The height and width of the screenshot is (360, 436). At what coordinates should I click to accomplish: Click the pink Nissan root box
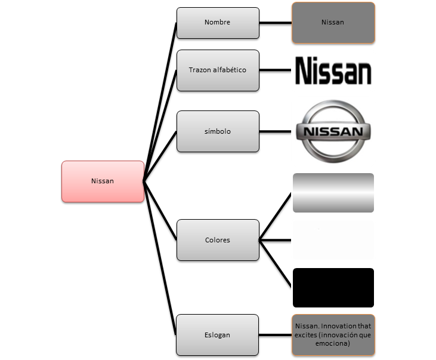pyautogui.click(x=103, y=181)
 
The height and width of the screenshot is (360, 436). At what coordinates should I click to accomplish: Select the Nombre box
pyautogui.click(x=218, y=23)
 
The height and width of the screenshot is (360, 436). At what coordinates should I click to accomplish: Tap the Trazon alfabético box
pyautogui.click(x=218, y=70)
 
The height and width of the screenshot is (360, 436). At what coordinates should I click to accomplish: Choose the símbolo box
pyautogui.click(x=218, y=131)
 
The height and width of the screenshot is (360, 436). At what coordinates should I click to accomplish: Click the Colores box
pyautogui.click(x=218, y=240)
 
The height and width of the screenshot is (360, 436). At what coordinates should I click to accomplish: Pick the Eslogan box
pyautogui.click(x=218, y=335)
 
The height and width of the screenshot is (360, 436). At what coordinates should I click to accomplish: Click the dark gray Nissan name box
pyautogui.click(x=333, y=23)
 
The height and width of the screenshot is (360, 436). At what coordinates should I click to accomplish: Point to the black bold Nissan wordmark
pyautogui.click(x=333, y=70)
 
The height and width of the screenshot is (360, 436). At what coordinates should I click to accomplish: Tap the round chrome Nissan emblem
pyautogui.click(x=333, y=131)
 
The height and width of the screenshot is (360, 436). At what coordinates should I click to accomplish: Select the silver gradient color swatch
pyautogui.click(x=333, y=193)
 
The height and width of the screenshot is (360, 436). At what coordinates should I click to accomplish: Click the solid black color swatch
pyautogui.click(x=333, y=288)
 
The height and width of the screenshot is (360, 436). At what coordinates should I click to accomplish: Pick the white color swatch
pyautogui.click(x=333, y=240)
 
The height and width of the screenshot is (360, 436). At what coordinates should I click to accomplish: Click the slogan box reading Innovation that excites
pyautogui.click(x=333, y=335)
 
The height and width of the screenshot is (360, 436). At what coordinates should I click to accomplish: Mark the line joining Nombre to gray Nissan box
pyautogui.click(x=276, y=23)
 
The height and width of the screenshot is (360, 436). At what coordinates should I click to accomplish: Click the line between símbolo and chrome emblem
pyautogui.click(x=276, y=131)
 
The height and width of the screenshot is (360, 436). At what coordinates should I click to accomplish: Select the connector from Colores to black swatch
pyautogui.click(x=276, y=263)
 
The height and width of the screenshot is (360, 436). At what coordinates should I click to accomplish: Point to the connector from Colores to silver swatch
pyautogui.click(x=276, y=216)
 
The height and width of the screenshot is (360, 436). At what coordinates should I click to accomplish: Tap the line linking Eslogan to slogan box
pyautogui.click(x=276, y=335)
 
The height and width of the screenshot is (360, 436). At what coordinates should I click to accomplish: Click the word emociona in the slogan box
pyautogui.click(x=333, y=343)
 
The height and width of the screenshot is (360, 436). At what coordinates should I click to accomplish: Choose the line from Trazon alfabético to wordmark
pyautogui.click(x=276, y=70)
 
